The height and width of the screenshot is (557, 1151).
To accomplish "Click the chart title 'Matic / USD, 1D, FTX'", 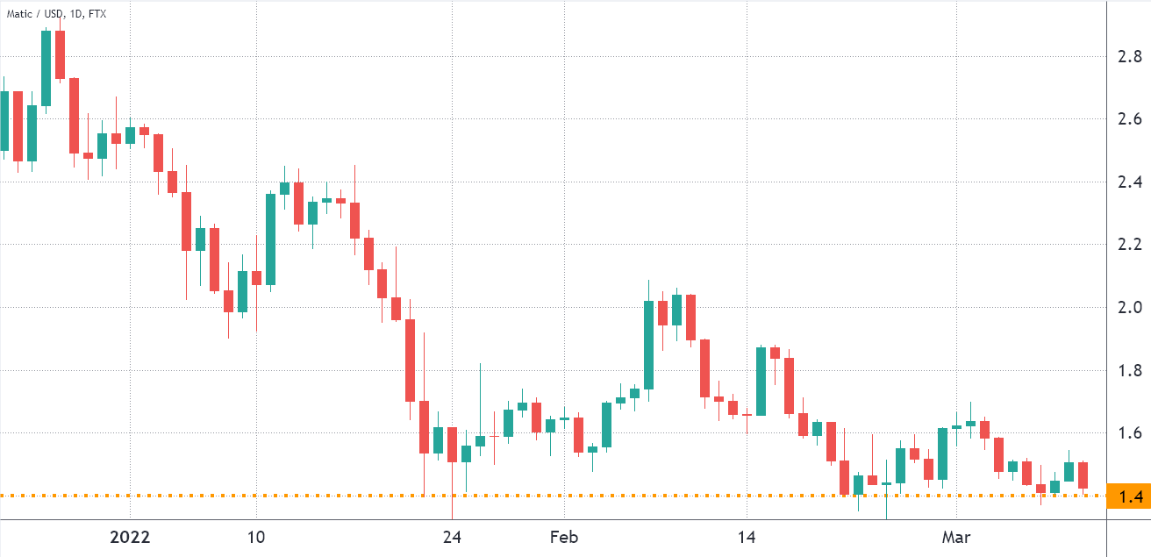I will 57,15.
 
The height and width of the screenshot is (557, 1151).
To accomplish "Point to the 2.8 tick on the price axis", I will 1129,57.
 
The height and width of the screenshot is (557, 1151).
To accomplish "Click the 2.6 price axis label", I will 1129,119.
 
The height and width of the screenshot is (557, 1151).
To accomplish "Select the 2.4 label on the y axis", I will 1129,182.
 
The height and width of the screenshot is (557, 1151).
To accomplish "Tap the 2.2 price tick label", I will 1129,244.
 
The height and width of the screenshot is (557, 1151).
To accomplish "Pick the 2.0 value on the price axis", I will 1129,307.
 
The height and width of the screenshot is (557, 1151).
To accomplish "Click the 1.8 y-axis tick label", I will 1129,370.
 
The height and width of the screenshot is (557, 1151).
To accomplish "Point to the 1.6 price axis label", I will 1129,432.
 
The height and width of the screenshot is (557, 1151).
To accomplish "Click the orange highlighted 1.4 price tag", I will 1129,497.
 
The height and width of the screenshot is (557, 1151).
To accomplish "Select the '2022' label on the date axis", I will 130,537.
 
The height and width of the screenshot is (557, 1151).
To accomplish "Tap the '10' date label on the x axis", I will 256,537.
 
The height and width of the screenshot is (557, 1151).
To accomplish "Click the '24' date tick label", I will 452,537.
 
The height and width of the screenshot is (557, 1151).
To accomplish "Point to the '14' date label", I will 747,537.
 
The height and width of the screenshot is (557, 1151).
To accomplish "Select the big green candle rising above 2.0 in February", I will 648,345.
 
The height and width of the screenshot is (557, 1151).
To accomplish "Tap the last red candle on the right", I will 1083,475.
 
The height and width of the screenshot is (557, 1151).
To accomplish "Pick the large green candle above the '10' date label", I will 270,239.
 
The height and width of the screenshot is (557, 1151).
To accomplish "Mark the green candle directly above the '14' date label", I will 761,381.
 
